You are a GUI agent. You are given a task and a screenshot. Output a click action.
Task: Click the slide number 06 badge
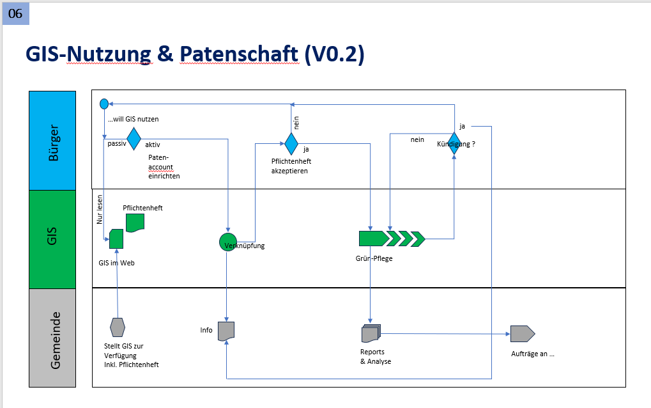click(15, 13)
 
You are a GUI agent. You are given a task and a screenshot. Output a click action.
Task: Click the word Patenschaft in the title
click(238, 55)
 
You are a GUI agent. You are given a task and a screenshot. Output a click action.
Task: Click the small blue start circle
click(104, 104)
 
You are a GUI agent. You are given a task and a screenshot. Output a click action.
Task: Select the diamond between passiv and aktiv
click(134, 138)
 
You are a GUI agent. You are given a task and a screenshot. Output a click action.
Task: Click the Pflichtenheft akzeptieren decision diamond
click(291, 144)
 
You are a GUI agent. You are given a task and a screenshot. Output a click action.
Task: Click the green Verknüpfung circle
click(228, 242)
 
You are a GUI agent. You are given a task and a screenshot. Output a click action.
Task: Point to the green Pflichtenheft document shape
click(135, 222)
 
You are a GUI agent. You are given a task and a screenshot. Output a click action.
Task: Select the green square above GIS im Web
click(116, 239)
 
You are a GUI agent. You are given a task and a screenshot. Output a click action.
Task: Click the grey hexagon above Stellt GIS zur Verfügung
click(118, 327)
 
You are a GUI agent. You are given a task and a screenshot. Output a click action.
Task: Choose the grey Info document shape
click(226, 331)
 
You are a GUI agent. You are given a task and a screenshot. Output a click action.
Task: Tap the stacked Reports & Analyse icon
click(371, 334)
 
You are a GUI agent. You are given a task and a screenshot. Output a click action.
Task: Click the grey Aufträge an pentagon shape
click(521, 334)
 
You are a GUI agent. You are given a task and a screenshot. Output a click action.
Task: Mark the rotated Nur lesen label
click(100, 210)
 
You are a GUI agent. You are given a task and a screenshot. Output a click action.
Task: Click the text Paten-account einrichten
click(164, 166)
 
